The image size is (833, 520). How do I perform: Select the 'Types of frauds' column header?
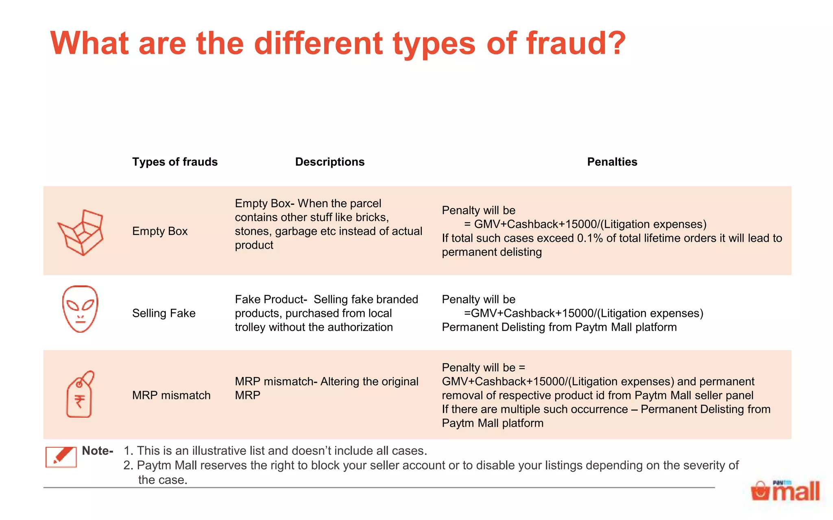tap(175, 162)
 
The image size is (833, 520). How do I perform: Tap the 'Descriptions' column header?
tap(330, 162)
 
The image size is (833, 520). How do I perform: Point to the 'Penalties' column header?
tap(612, 162)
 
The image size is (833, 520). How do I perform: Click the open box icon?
tap(81, 232)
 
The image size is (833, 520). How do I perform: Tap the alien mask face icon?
tap(80, 309)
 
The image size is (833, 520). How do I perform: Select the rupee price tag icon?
tap(80, 394)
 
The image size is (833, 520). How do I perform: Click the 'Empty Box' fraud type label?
tap(160, 231)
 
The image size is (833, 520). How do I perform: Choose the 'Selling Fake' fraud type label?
tap(164, 313)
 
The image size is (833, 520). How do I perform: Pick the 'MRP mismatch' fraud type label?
tap(171, 395)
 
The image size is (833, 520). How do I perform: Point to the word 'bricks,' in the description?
tap(370, 217)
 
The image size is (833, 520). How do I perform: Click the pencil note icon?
tap(61, 457)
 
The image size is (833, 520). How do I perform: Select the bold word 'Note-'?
tap(98, 451)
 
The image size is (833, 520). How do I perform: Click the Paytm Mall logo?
tap(785, 491)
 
